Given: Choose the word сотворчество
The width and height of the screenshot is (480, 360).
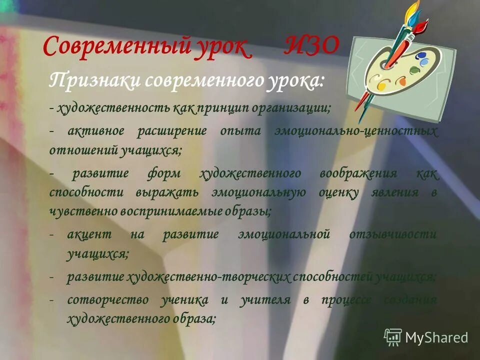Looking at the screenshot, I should pyautogui.click(x=108, y=300).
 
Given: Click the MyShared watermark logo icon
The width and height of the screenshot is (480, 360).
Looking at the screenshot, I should pyautogui.click(x=392, y=336).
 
